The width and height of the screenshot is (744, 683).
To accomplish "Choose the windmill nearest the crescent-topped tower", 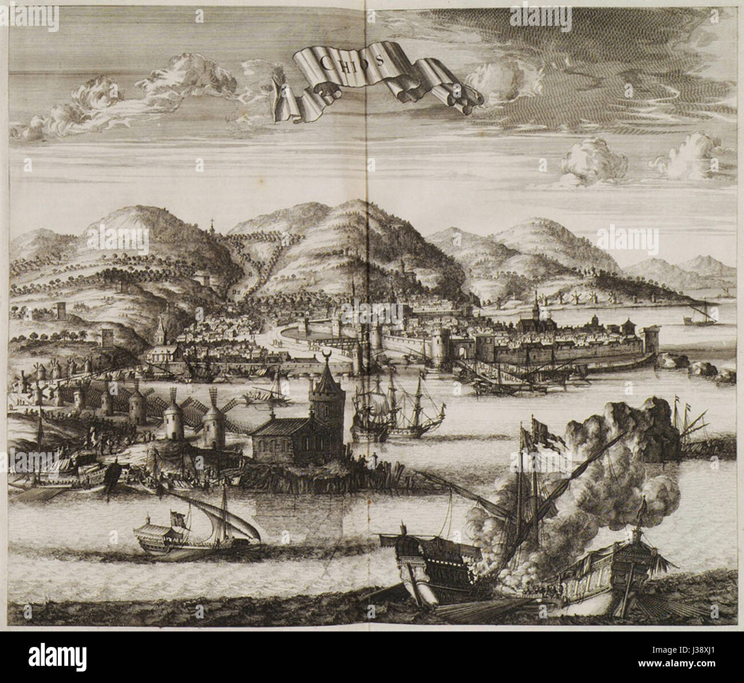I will click(x=215, y=424).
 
